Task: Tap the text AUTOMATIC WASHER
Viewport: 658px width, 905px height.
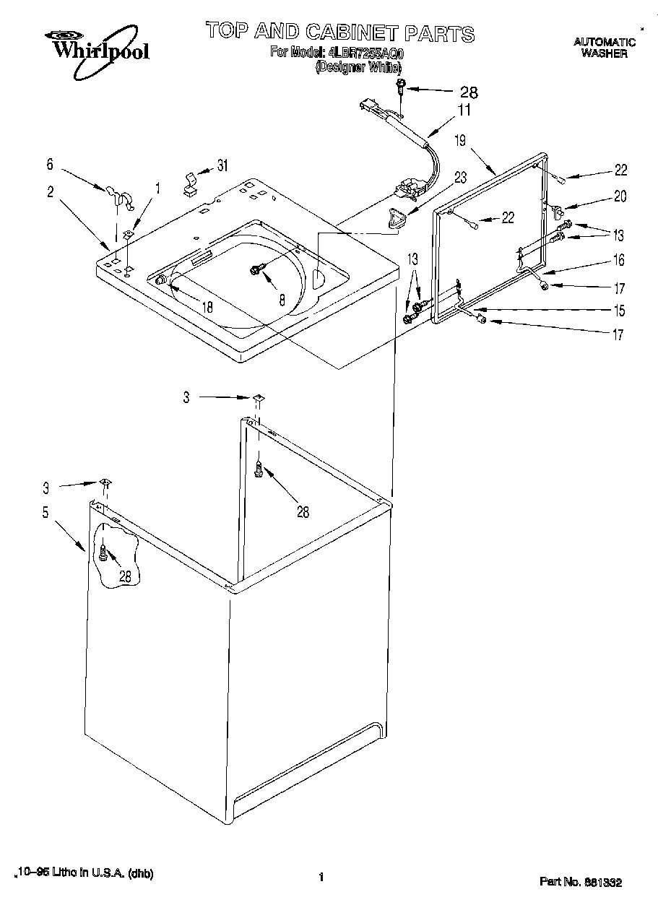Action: coord(604,48)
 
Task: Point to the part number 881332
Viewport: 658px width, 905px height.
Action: coord(604,882)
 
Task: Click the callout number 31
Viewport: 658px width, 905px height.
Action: coord(222,165)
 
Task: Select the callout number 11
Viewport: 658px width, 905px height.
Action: coord(463,111)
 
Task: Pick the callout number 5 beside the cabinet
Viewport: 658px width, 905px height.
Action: coord(45,513)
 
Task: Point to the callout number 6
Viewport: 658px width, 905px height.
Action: coord(49,164)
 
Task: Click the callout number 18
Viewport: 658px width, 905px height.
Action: coord(207,307)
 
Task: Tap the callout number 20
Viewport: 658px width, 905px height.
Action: coord(620,196)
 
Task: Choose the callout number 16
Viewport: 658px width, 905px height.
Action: coord(619,261)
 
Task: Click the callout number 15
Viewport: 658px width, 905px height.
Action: coord(619,311)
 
